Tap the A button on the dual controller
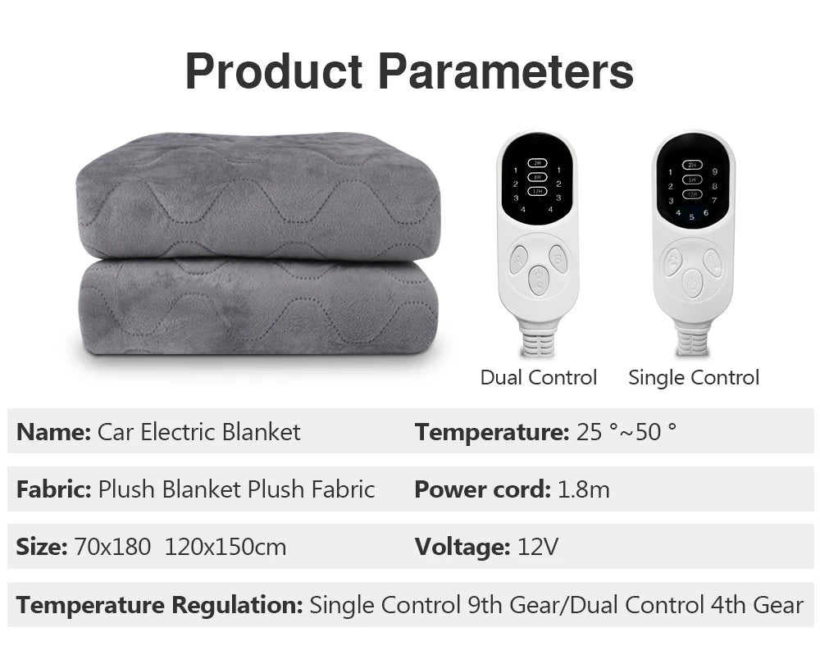(518, 260)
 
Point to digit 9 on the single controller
(715, 171)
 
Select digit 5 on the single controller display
(691, 216)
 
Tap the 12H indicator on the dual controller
(537, 191)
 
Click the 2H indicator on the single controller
(693, 164)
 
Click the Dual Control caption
(538, 378)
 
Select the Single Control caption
(694, 378)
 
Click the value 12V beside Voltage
(538, 547)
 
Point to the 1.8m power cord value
(583, 490)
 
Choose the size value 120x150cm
(225, 547)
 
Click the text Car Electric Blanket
(199, 432)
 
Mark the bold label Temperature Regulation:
(160, 606)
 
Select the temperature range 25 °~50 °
(626, 432)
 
